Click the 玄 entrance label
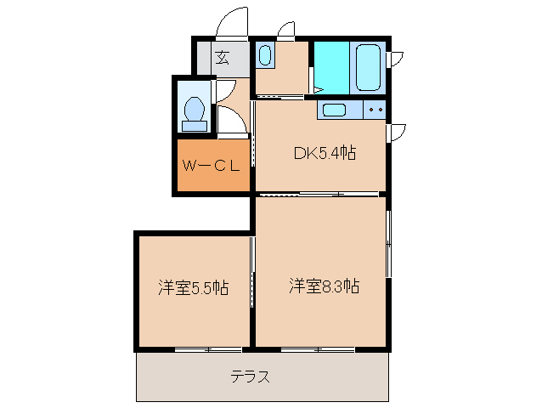pos(222,58)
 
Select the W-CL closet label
pos(212,166)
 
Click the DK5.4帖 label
pos(324,153)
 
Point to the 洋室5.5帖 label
pos(193,287)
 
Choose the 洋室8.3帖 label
pos(323,286)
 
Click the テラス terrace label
pos(251,377)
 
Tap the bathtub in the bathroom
pos(369,67)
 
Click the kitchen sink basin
pos(332,110)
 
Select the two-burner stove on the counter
pos(375,110)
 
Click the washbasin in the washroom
pos(265,57)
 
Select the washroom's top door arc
pos(285,31)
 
